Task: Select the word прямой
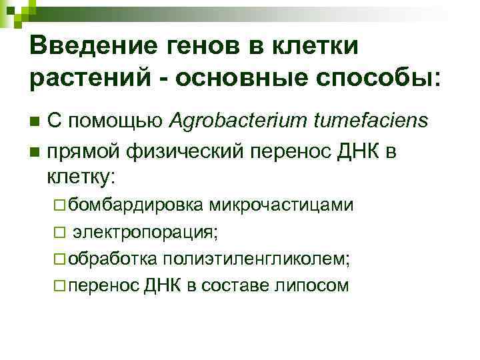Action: click(x=83, y=152)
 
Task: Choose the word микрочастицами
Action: click(x=280, y=205)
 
